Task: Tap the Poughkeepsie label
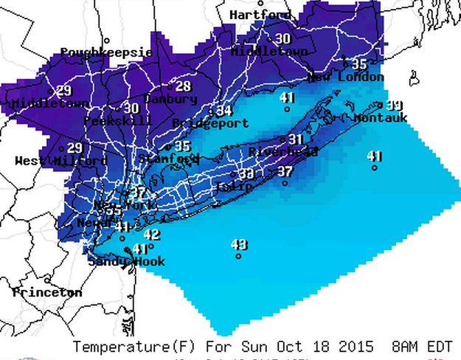coord(106,52)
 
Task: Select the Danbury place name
coord(170,99)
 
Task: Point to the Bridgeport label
coord(200,123)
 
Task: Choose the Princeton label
coord(47,293)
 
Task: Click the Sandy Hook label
coord(126,261)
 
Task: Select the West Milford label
coord(61,161)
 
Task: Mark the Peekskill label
coord(118,120)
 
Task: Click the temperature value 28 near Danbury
coord(183,86)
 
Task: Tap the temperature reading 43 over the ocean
coord(239,244)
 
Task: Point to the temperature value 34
coord(224,111)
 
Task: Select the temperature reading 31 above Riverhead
coord(296,139)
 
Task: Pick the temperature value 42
coord(151,235)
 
